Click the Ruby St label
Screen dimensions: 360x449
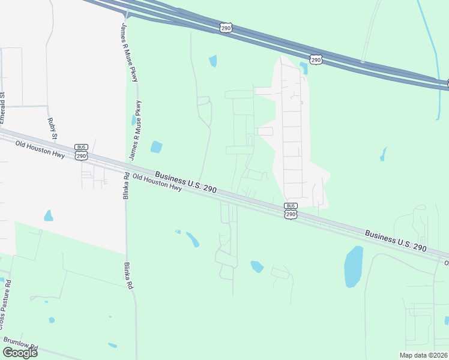pos(52,128)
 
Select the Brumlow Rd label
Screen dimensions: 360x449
pos(21,344)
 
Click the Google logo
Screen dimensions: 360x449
pos(19,353)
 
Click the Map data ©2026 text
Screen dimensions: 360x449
pos(424,355)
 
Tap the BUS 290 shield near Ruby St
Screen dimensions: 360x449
pos(82,152)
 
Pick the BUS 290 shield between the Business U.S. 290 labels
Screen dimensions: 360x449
pos(291,210)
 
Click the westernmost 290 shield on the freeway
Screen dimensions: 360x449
pos(226,28)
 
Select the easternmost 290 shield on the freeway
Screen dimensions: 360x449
pos(316,59)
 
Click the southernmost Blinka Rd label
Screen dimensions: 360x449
pos(128,276)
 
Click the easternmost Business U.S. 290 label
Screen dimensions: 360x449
pos(395,240)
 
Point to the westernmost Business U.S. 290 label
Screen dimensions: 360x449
pos(185,182)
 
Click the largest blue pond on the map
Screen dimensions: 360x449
pos(353,267)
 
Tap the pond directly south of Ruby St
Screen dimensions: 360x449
pos(49,215)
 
